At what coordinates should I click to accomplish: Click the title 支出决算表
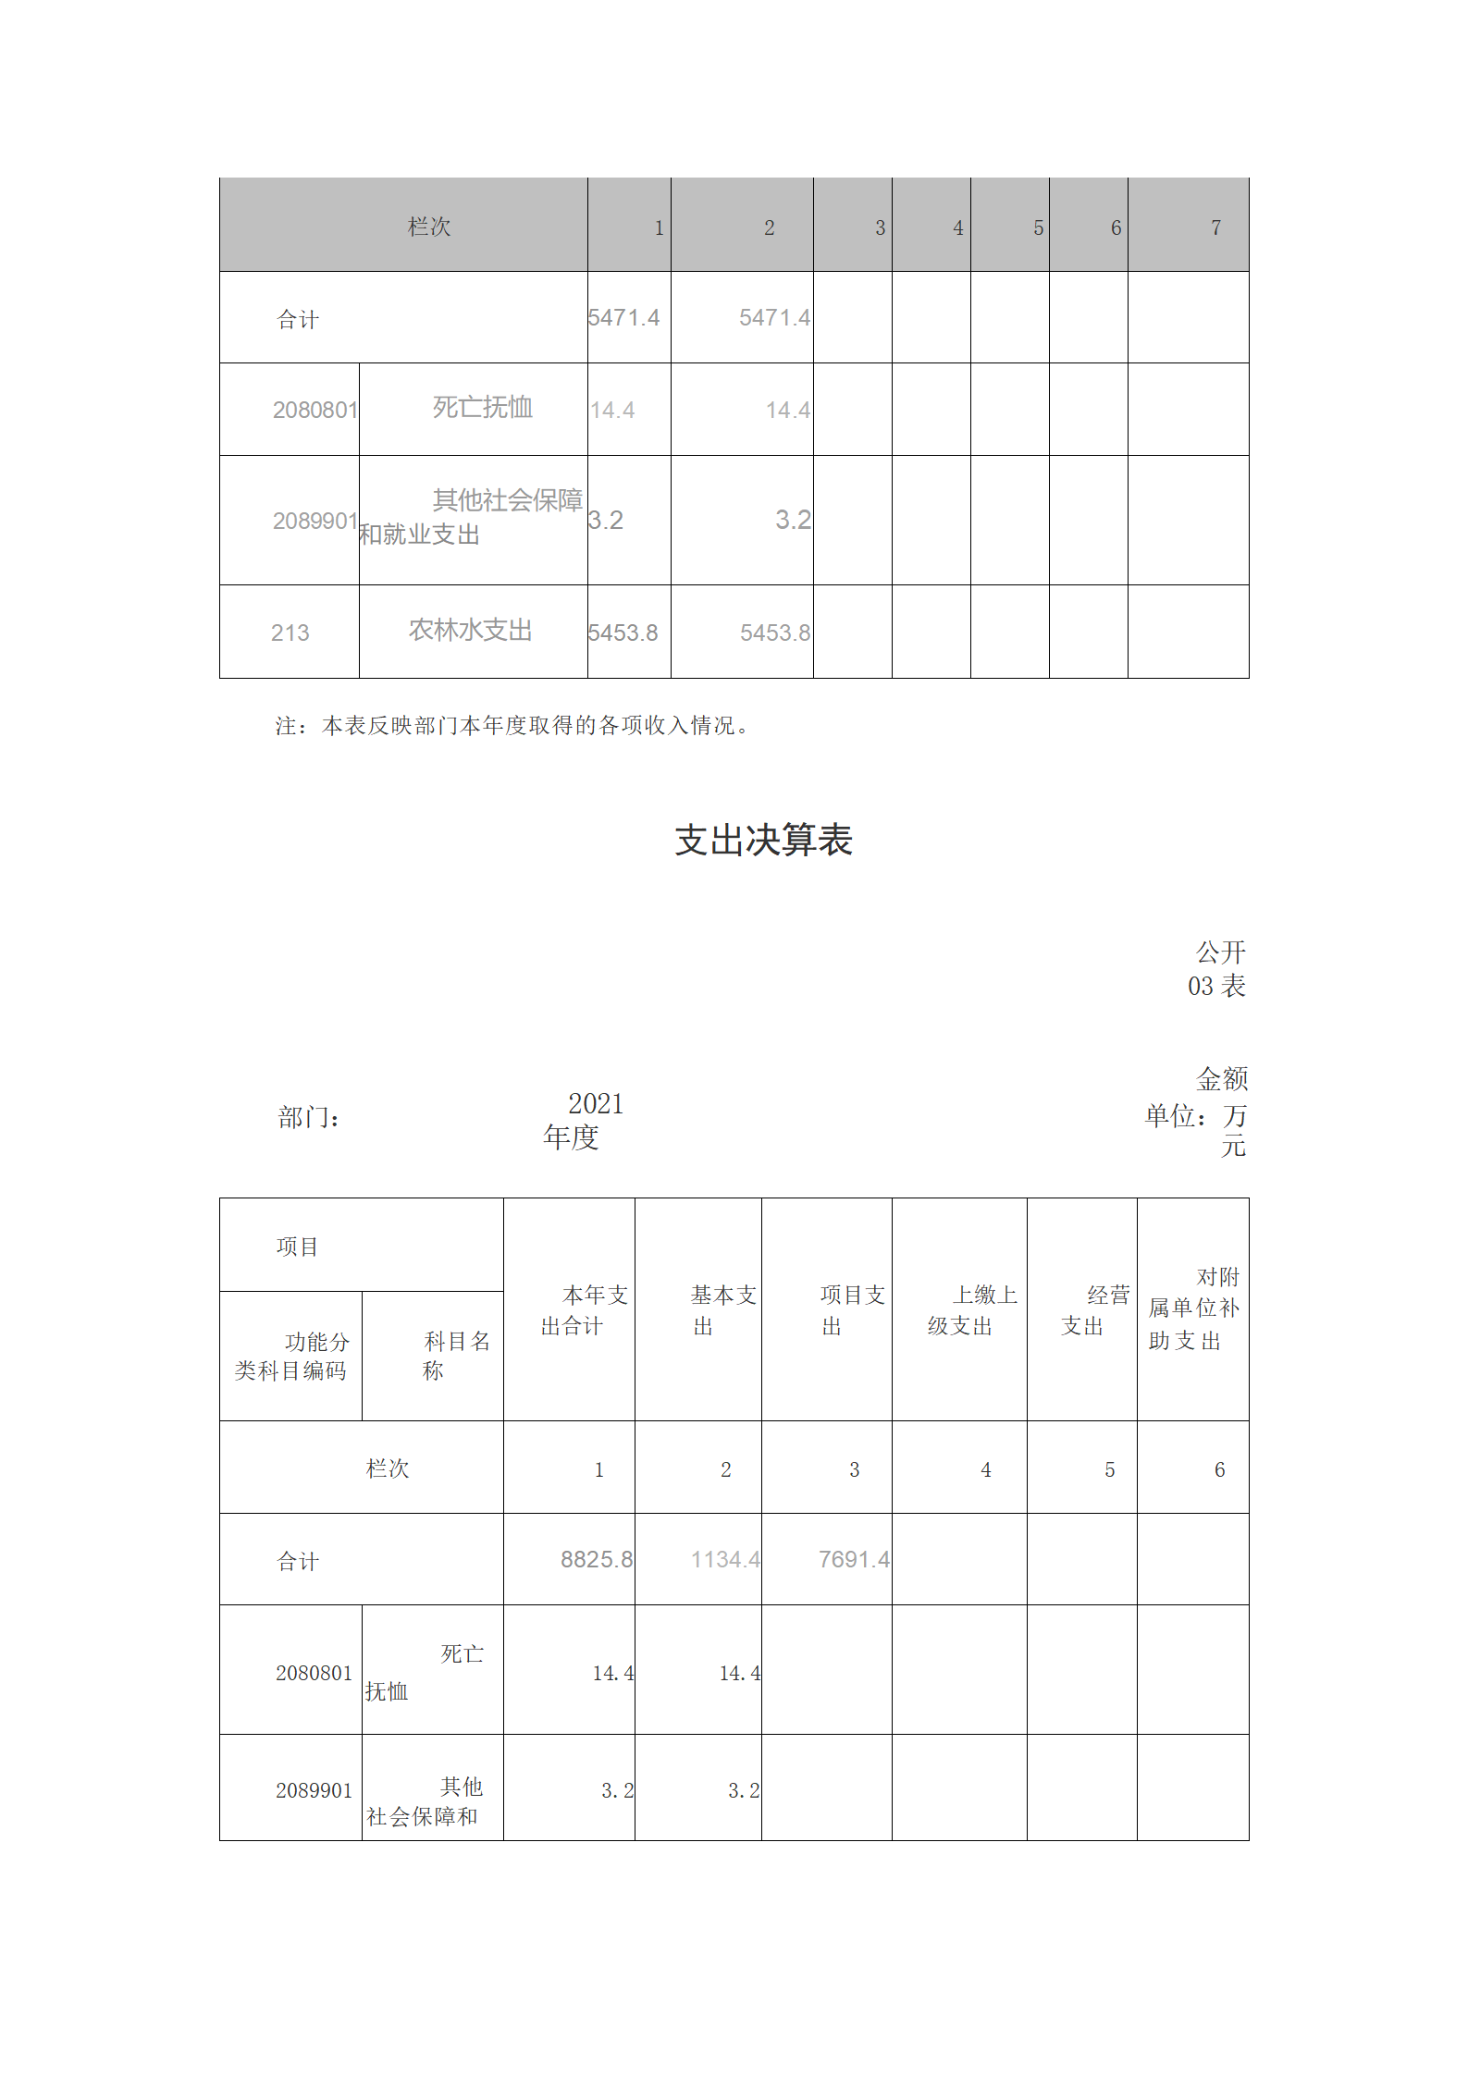[763, 840]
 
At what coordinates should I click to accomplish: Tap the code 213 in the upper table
[290, 633]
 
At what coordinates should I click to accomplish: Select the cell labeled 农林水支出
[470, 630]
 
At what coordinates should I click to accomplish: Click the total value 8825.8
[596, 1559]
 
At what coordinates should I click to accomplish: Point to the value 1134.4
[724, 1559]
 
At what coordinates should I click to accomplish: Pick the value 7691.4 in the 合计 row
[853, 1559]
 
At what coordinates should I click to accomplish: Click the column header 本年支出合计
[584, 1309]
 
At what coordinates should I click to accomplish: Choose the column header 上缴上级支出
[972, 1309]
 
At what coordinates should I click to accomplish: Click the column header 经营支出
[1095, 1309]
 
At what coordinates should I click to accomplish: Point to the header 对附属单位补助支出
[1193, 1308]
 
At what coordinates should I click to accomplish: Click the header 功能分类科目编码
[291, 1356]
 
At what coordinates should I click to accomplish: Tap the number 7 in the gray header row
[1215, 227]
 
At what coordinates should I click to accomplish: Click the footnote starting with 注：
[512, 726]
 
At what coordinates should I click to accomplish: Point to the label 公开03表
[1217, 969]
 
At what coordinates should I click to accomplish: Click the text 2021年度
[583, 1120]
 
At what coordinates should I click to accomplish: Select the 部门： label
[308, 1118]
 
